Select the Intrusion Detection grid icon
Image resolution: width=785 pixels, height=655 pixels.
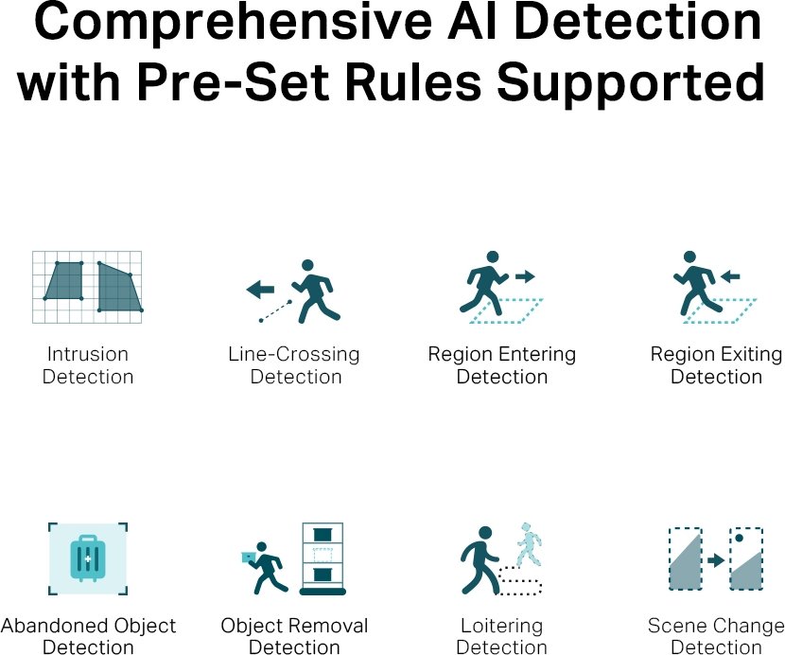pyautogui.click(x=87, y=287)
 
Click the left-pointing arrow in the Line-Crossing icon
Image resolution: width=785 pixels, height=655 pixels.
pyautogui.click(x=260, y=289)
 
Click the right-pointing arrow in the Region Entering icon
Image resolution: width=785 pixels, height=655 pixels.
pyautogui.click(x=526, y=276)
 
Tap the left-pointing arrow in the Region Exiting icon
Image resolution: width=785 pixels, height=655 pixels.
pyautogui.click(x=730, y=276)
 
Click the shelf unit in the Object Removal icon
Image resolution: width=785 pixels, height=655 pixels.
pyautogui.click(x=323, y=558)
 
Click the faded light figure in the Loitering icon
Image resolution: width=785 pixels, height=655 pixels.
pyautogui.click(x=529, y=544)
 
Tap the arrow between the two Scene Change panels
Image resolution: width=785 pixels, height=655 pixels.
pyautogui.click(x=716, y=559)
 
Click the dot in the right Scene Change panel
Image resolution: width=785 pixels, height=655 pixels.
pyautogui.click(x=739, y=539)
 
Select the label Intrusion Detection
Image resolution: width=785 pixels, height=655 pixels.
pyautogui.click(x=88, y=365)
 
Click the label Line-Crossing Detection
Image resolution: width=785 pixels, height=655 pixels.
pyautogui.click(x=294, y=365)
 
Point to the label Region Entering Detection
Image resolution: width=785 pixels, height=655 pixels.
pyautogui.click(x=501, y=365)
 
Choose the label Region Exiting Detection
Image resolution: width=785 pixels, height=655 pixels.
pyautogui.click(x=716, y=365)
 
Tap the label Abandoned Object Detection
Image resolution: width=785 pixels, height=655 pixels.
pyautogui.click(x=88, y=636)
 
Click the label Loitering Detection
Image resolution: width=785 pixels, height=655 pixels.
pyautogui.click(x=501, y=636)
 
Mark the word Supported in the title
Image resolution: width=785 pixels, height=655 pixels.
pyautogui.click(x=631, y=82)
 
